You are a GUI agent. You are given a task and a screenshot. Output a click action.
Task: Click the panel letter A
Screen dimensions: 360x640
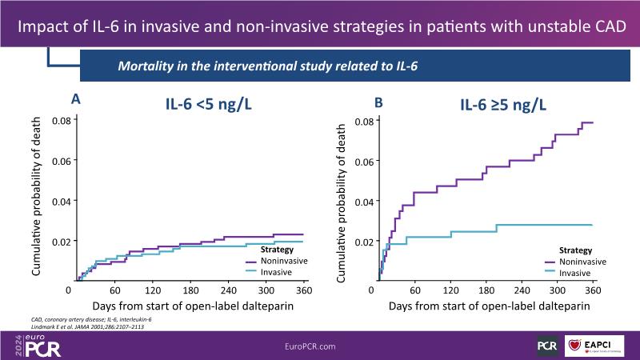pos(76,99)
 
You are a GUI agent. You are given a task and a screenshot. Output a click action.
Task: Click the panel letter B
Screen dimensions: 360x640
pos(379,102)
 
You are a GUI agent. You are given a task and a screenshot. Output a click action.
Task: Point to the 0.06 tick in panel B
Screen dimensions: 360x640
pos(362,162)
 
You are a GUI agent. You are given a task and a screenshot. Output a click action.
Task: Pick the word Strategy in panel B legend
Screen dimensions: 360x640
pos(575,250)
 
